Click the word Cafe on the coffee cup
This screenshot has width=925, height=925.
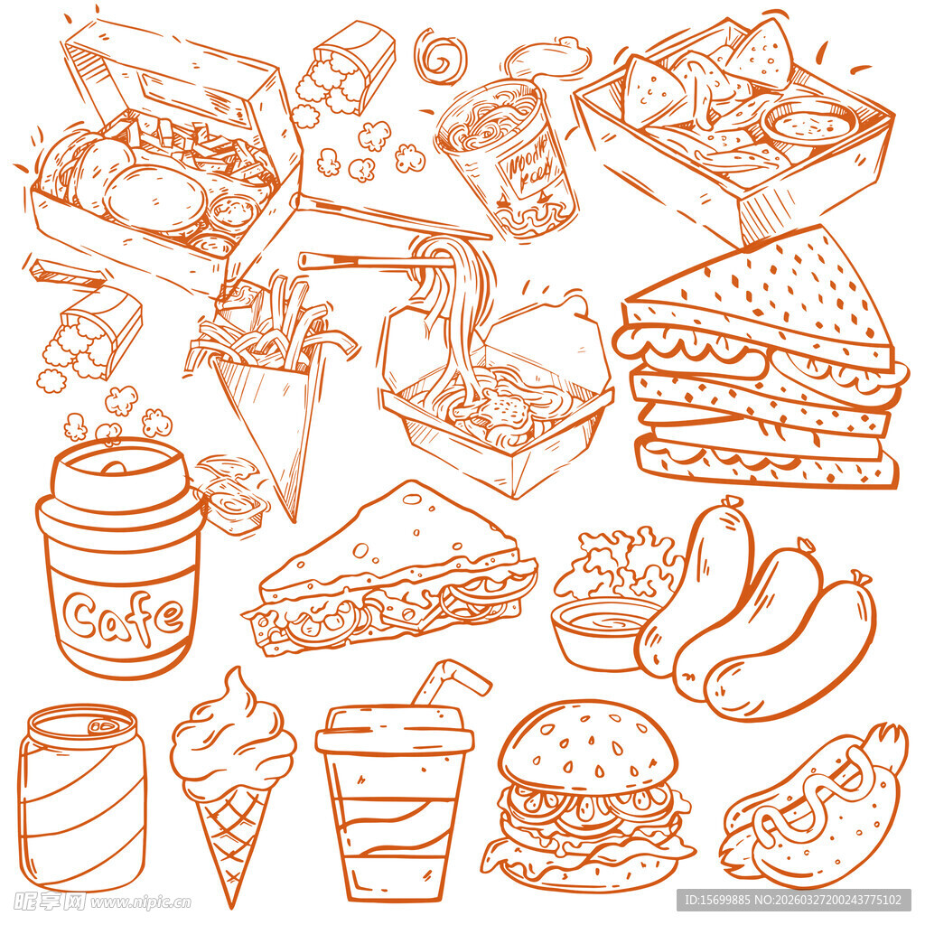pyautogui.click(x=124, y=617)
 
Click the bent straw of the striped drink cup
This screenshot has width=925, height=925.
pyautogui.click(x=449, y=682)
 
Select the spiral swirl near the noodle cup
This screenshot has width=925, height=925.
pyautogui.click(x=440, y=56)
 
